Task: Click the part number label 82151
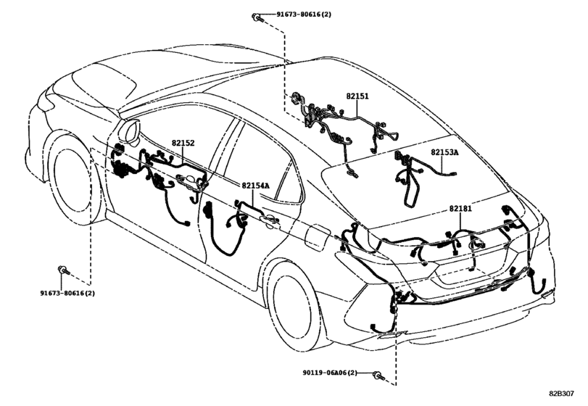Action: pyautogui.click(x=357, y=95)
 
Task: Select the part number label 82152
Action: pyautogui.click(x=183, y=144)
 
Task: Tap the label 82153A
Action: pyautogui.click(x=445, y=152)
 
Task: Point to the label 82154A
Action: pyautogui.click(x=255, y=186)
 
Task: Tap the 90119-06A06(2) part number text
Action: pyautogui.click(x=331, y=373)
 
